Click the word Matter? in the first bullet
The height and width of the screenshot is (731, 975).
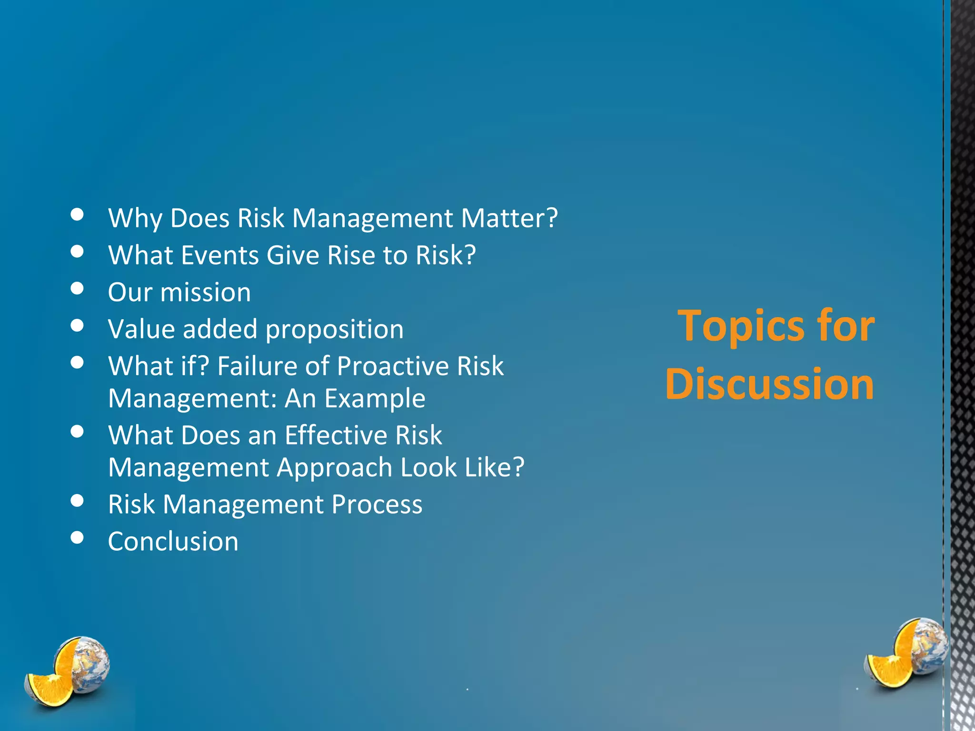point(509,218)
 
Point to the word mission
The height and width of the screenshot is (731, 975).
point(205,292)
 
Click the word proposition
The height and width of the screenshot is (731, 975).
point(334,329)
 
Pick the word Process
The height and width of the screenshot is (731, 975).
point(377,504)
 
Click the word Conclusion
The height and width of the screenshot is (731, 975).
point(173,542)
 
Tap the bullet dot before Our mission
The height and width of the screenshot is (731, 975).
point(77,288)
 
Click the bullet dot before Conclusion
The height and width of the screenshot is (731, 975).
point(77,537)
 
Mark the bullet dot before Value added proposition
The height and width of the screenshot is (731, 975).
point(77,326)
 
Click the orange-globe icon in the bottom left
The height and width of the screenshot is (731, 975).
point(67,671)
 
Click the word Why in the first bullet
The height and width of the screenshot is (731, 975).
point(135,218)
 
